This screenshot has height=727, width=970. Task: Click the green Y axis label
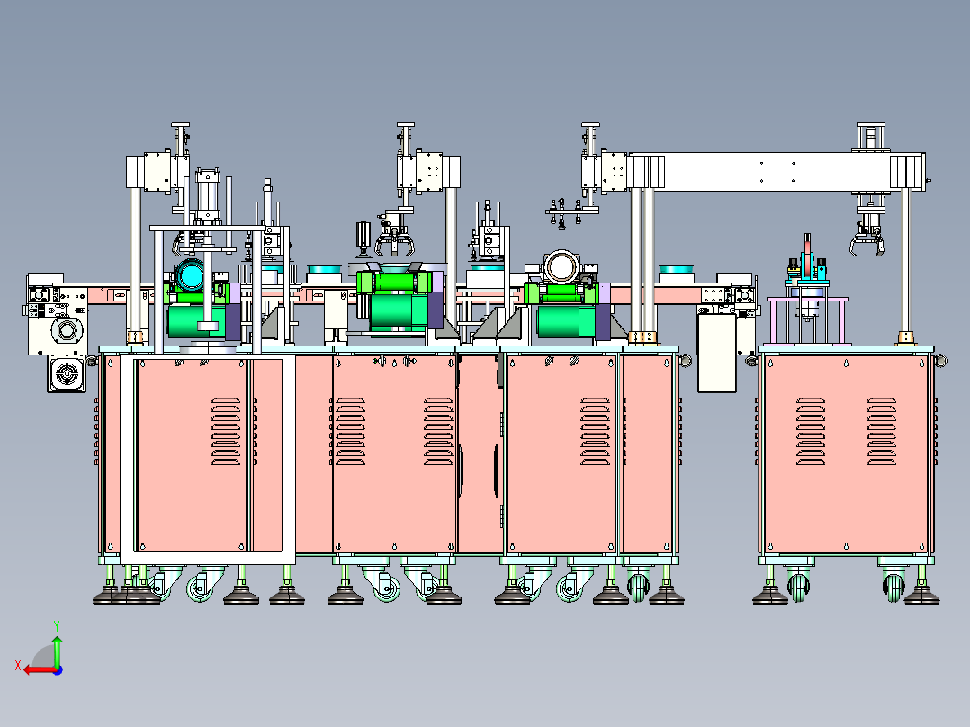[57, 625]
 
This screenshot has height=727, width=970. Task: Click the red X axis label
[18, 665]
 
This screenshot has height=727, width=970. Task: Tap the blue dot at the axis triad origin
[58, 670]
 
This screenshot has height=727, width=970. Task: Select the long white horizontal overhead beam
[777, 172]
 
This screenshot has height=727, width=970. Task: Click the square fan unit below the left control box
[67, 373]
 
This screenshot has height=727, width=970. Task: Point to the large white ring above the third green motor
[561, 266]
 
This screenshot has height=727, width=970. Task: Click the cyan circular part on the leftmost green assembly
[190, 275]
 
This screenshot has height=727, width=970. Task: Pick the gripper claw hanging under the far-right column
[867, 242]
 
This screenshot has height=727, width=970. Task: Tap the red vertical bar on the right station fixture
[806, 256]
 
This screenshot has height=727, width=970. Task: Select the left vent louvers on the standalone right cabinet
[811, 431]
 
